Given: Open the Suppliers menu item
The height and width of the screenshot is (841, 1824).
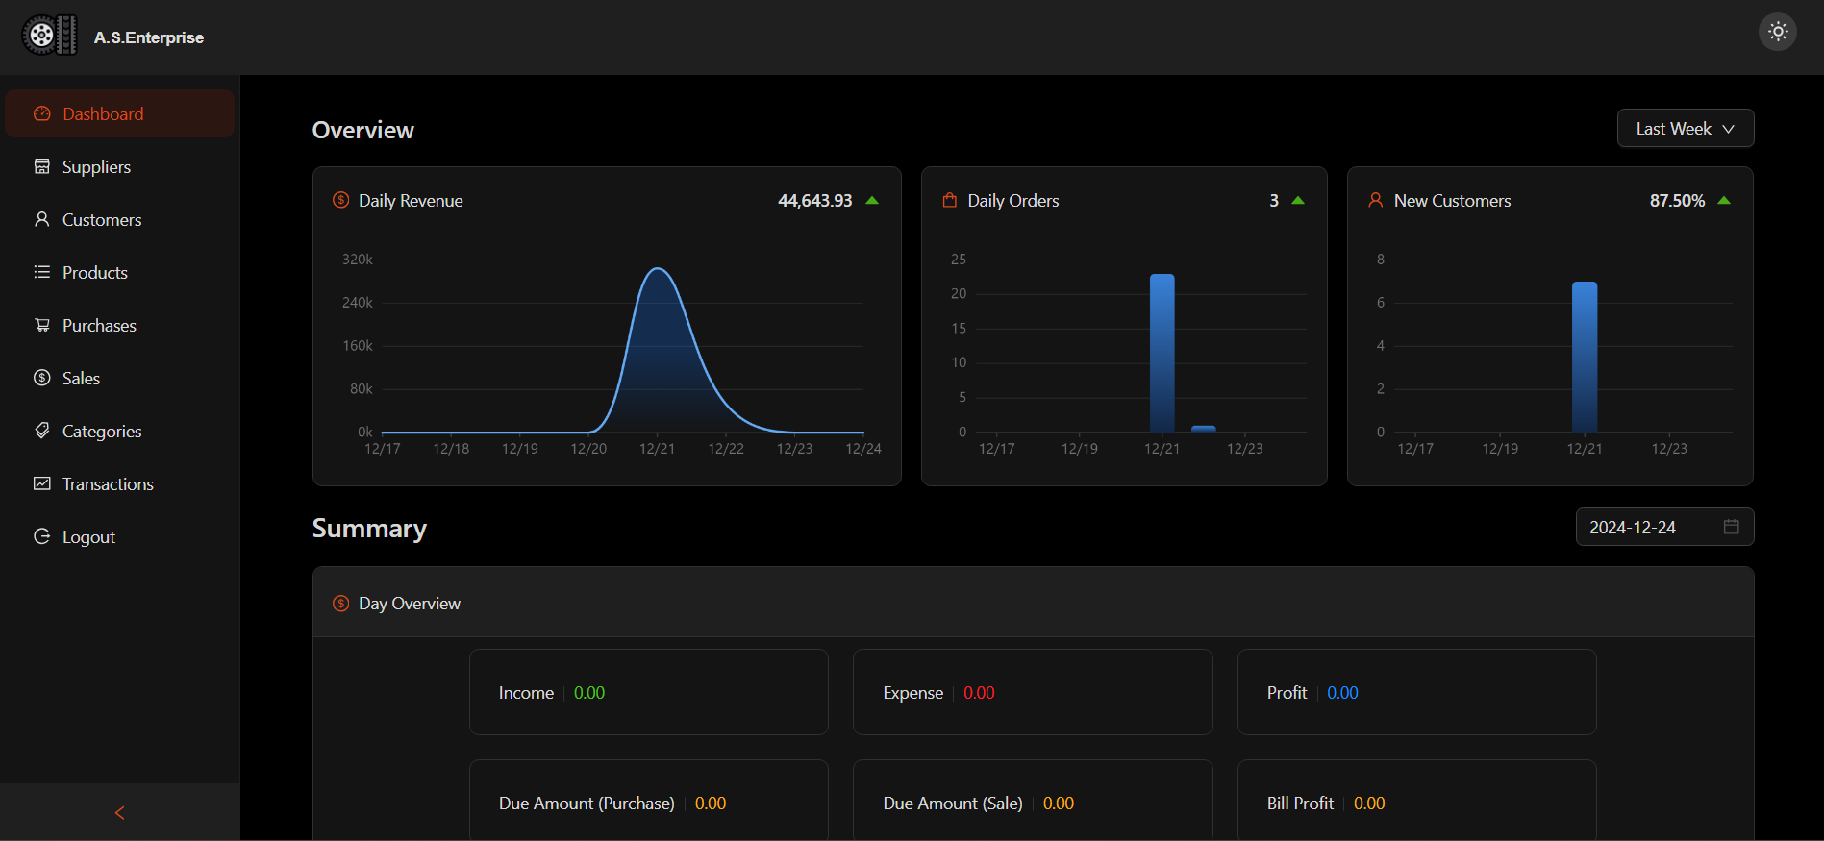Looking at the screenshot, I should pos(95,167).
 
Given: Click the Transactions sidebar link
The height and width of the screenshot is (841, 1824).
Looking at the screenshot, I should pos(107,484).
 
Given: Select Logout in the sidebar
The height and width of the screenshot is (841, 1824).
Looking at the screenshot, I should pos(87,537).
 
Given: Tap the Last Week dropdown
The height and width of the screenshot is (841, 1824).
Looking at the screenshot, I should pos(1685,129).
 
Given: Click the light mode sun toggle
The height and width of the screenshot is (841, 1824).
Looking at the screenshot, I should pos(1778,32).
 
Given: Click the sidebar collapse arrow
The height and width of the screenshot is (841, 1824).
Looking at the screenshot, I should pos(120,813).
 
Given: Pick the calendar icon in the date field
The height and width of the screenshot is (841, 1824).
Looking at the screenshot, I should pos(1732,527).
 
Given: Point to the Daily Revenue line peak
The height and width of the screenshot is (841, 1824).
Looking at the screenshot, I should pos(659,269).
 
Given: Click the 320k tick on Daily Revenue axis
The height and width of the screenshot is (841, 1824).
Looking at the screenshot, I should pos(358,260).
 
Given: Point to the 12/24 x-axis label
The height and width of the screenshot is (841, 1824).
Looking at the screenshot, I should pos(863,449).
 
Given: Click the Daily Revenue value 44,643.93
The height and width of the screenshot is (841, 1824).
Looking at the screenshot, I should pos(814,201).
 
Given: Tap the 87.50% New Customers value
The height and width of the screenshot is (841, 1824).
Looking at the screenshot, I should pos(1677,201).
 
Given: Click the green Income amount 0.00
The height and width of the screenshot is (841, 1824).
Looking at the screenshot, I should pos(589,693).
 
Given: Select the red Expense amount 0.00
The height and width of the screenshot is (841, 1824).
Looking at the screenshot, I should pos(979,693).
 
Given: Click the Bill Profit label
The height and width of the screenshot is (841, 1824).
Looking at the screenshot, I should pos(1300,804).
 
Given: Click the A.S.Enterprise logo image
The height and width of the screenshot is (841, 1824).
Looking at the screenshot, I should pos(49,37).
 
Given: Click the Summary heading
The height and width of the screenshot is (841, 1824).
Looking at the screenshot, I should pos(369,529).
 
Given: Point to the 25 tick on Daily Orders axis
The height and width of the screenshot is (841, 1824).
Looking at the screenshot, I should pos(959,260).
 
